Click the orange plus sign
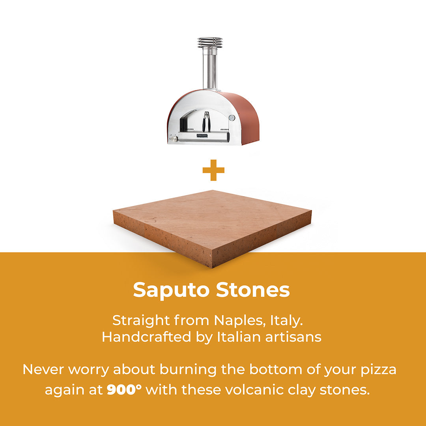213,170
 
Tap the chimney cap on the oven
210,42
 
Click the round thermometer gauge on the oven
232,118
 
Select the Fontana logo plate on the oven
202,135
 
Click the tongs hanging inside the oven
206,122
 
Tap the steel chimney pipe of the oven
210,68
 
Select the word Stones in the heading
253,290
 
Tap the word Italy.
286,321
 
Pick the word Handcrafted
147,337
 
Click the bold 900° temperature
124,390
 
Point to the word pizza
378,370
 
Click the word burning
188,370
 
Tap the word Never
44,370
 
